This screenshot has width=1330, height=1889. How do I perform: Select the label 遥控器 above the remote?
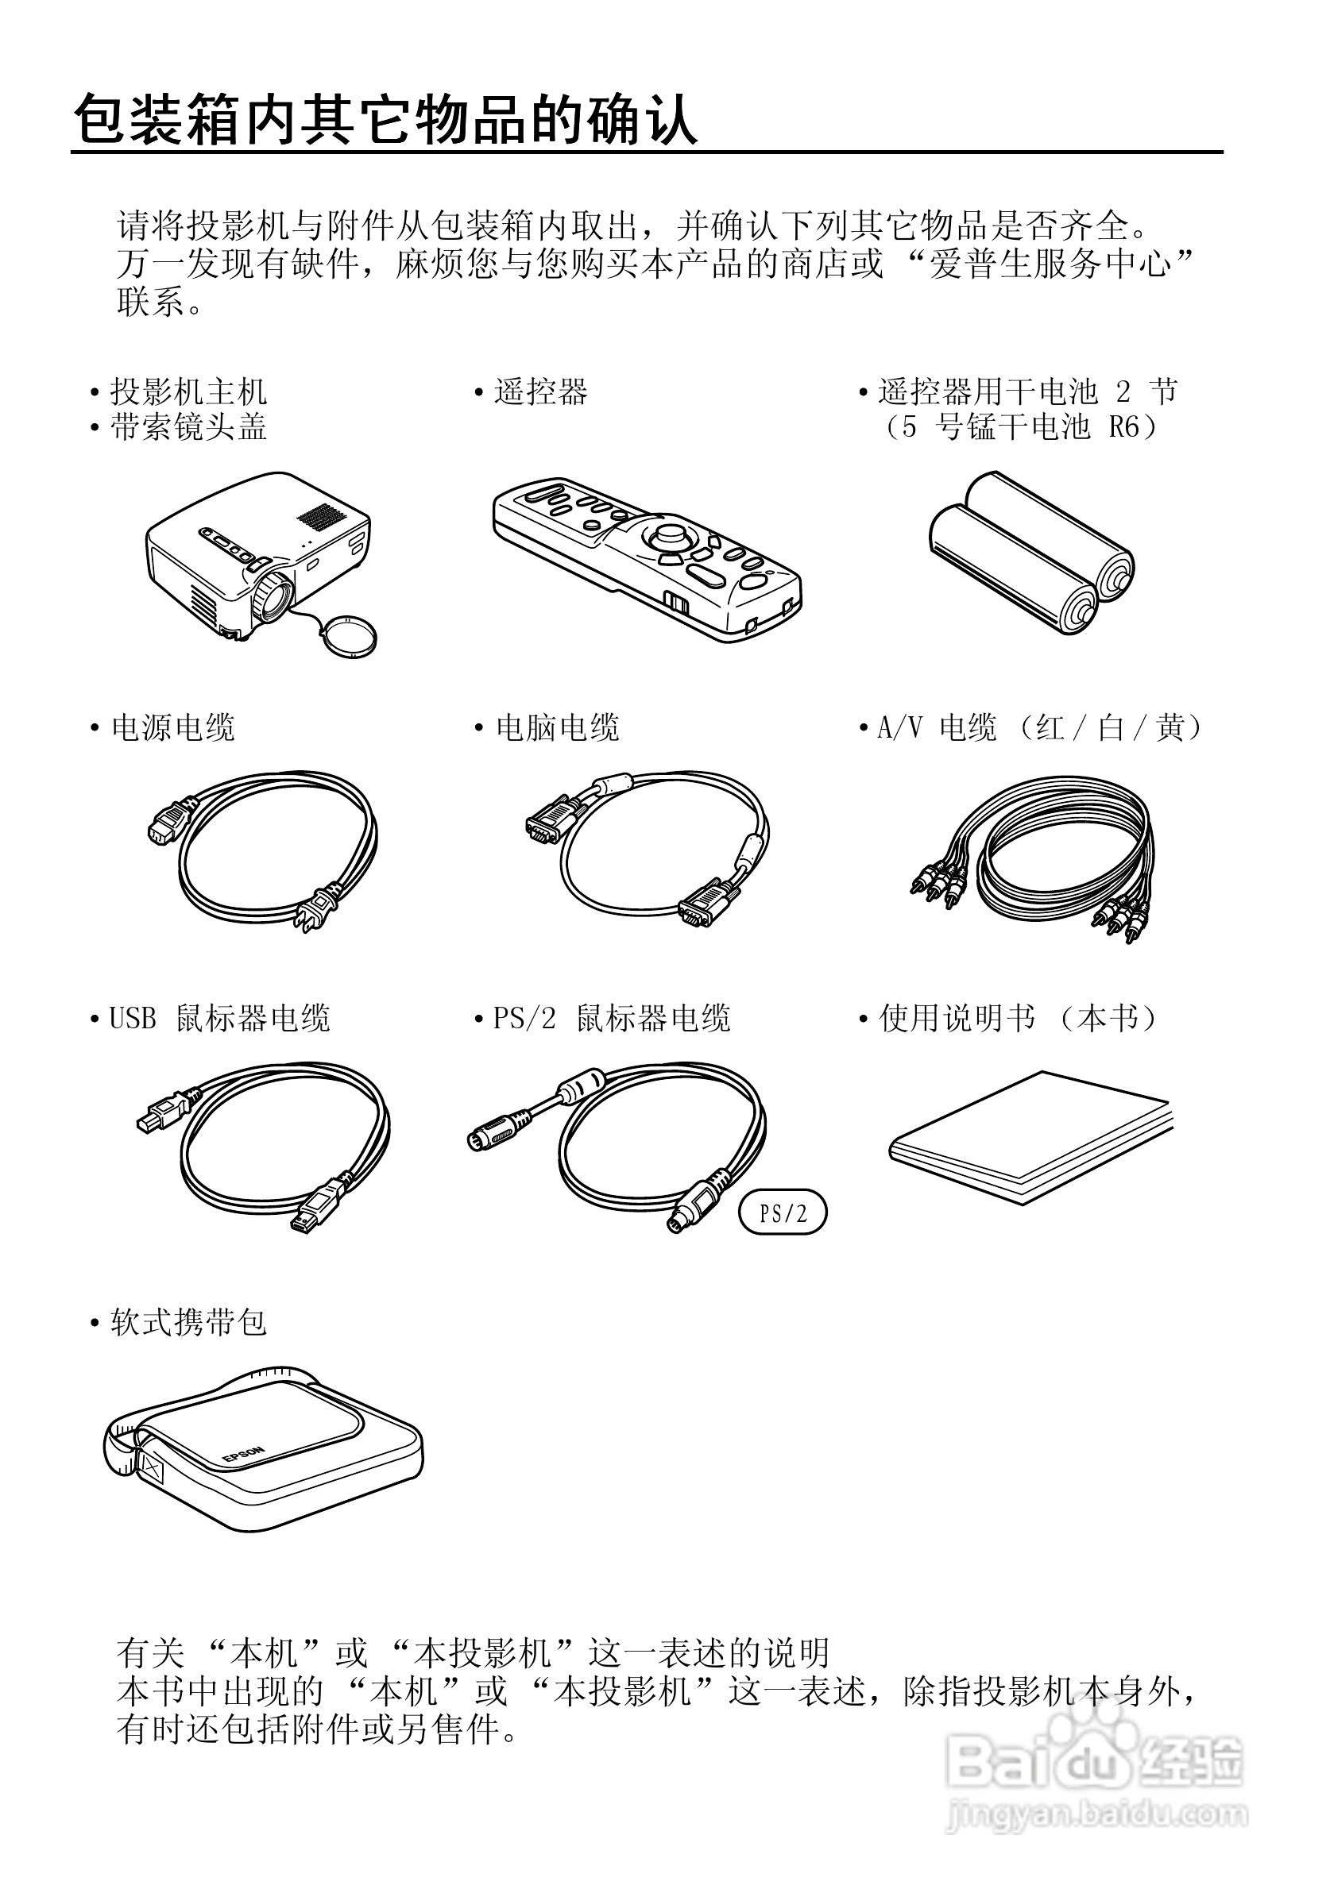coord(540,392)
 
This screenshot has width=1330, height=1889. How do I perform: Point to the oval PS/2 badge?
coord(782,1212)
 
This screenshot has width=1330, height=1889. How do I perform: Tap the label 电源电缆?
coord(173,728)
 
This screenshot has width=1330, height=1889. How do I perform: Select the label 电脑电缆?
coord(557,728)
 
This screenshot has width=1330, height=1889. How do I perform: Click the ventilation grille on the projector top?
coord(321,516)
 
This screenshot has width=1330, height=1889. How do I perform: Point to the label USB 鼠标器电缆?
coord(220,1020)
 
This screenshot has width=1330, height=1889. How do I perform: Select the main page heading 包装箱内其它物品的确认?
coord(385,121)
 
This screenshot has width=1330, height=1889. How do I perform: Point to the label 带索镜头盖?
coord(188,428)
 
